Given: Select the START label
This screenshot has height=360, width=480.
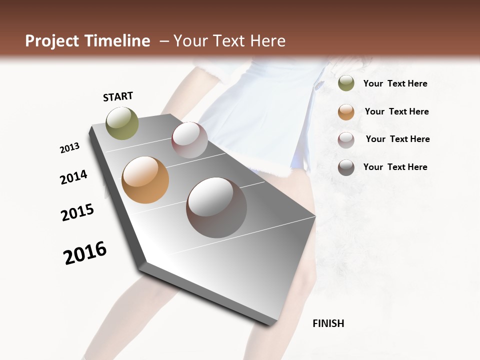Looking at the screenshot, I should [x=118, y=96].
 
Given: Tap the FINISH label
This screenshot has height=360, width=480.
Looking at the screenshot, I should [x=328, y=323].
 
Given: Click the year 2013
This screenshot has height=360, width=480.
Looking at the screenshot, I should [x=70, y=148].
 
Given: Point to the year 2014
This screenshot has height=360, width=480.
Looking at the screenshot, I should [x=74, y=177].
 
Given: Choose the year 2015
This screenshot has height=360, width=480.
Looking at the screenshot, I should [x=77, y=212].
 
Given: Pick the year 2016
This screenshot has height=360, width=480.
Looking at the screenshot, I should [x=85, y=253].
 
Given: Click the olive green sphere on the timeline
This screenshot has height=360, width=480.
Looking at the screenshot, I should [x=122, y=123].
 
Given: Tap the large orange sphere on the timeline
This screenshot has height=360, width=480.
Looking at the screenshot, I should [x=145, y=180].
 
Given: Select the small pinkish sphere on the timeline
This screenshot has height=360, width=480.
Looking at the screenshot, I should [x=189, y=140].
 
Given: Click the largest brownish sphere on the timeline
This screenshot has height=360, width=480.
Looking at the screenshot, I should [x=216, y=207].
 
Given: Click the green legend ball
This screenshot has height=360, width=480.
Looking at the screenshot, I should [x=346, y=83].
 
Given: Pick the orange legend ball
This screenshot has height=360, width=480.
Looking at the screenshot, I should [x=346, y=111].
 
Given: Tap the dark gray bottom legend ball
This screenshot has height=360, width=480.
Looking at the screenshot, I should [x=346, y=167].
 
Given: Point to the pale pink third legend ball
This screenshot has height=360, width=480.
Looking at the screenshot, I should [x=346, y=139].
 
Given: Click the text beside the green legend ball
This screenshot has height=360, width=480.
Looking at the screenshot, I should [x=395, y=83].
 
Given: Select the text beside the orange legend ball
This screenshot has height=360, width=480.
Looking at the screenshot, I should [x=396, y=111].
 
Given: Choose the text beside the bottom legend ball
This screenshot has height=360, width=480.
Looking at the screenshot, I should [x=395, y=167].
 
